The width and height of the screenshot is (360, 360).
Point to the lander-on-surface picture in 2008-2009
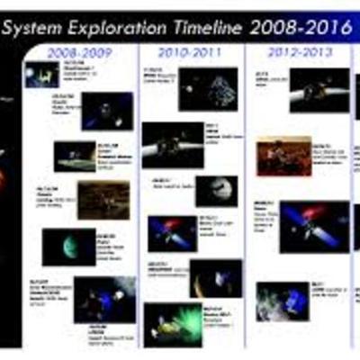74,155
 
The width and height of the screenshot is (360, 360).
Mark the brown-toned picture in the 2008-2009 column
103,199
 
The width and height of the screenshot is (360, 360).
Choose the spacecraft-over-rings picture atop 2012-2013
319,89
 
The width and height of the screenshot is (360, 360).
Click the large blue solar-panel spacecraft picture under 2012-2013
314,227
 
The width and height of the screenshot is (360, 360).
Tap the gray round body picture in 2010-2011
217,190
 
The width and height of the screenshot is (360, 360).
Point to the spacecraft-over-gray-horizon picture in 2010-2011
172,144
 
